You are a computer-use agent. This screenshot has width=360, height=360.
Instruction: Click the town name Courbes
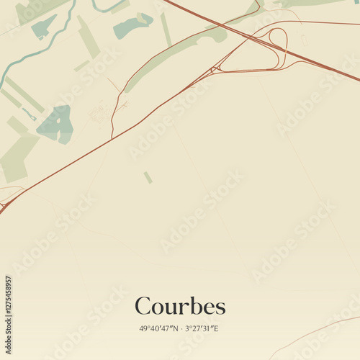[180, 306]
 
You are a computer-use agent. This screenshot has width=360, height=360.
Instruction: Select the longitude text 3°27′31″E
[202, 328]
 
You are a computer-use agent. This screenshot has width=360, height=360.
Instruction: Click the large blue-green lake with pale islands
[56, 124]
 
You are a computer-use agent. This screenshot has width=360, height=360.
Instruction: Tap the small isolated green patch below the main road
[148, 177]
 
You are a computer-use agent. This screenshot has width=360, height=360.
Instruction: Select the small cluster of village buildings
[99, 113]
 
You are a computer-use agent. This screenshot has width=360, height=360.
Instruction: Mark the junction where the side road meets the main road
[112, 136]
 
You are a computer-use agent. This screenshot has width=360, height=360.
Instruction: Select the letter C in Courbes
[144, 306]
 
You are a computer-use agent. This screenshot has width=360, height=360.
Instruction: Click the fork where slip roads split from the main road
[214, 71]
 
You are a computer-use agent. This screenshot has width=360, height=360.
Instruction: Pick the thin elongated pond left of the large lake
[29, 113]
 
